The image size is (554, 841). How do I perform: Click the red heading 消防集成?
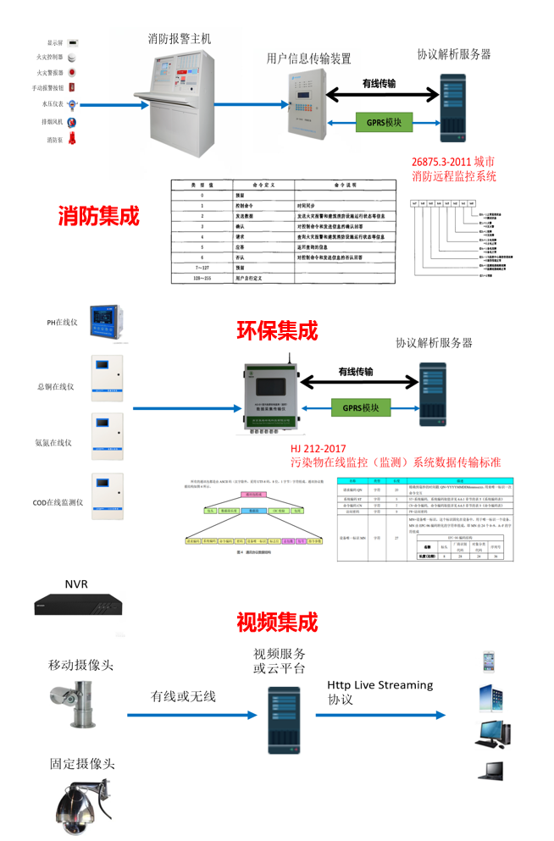pyautogui.click(x=97, y=216)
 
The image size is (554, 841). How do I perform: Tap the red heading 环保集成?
pyautogui.click(x=277, y=329)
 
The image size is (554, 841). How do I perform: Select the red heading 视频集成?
pyautogui.click(x=277, y=622)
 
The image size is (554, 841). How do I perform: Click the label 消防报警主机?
pyautogui.click(x=180, y=39)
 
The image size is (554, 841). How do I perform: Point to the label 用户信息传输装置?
pyautogui.click(x=308, y=58)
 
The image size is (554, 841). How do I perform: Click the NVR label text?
pyautogui.click(x=76, y=584)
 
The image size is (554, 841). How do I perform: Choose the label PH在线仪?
pyautogui.click(x=62, y=322)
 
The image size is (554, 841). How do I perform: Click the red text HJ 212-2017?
pyautogui.click(x=320, y=449)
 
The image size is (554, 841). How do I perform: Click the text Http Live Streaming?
pyautogui.click(x=379, y=684)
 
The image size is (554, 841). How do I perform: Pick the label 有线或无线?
pyautogui.click(x=183, y=696)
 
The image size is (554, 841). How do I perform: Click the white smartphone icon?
pyautogui.click(x=489, y=661)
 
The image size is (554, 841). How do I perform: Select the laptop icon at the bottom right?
pyautogui.click(x=492, y=770)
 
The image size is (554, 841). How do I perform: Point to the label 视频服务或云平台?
pyautogui.click(x=280, y=661)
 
